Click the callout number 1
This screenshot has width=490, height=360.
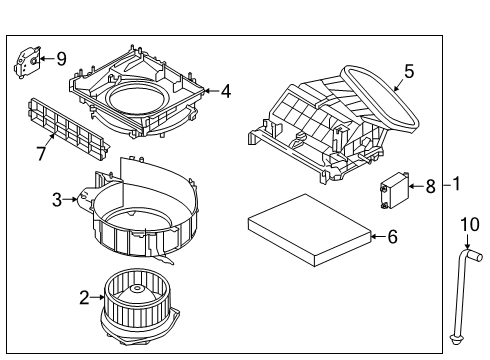(x=456, y=184)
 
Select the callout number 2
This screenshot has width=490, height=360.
(x=84, y=296)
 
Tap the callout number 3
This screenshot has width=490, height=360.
(x=59, y=199)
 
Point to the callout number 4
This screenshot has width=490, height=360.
(x=226, y=91)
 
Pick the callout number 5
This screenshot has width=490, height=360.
(x=407, y=71)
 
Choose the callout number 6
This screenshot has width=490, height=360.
(x=392, y=236)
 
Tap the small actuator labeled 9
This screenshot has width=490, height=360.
(x=27, y=62)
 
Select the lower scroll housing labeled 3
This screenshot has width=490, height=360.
(x=145, y=215)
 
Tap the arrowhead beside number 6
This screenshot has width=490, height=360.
(x=373, y=236)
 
